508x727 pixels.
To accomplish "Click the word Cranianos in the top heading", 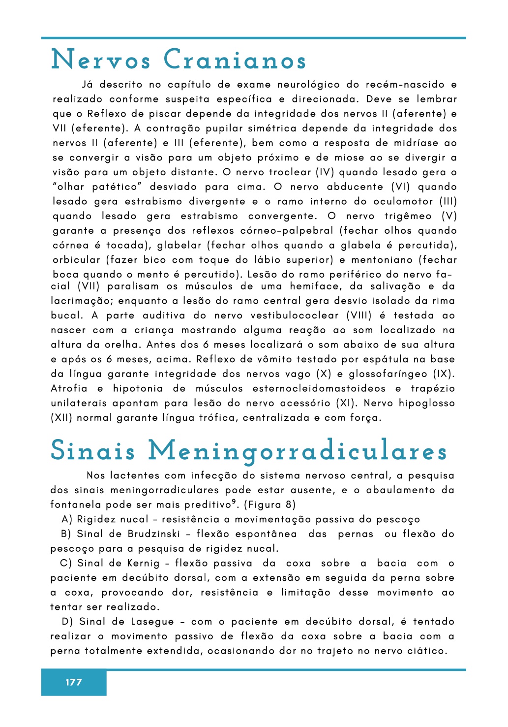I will tap(235, 60).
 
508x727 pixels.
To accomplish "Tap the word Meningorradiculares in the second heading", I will tap(298, 451).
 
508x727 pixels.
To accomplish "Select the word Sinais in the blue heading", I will tap(93, 451).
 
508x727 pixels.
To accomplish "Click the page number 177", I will tap(74, 682).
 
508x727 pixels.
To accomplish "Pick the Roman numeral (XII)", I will tap(61, 418).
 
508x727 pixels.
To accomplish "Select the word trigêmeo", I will tap(408, 216).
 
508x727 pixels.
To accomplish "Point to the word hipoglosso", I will tap(427, 403).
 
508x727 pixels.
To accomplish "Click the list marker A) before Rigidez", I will tap(67, 519).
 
